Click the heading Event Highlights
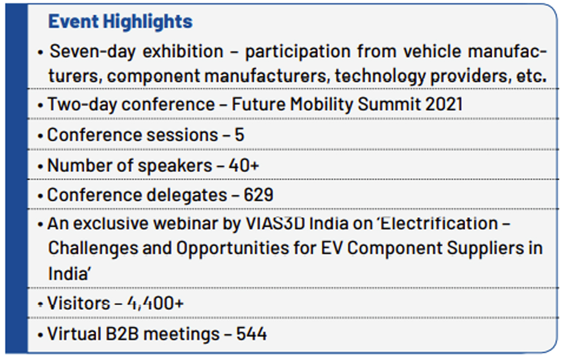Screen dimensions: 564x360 pos(121,21)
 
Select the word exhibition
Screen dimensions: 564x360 pos(183,51)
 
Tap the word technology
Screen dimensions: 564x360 pos(379,76)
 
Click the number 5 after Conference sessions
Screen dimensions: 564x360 pos(239,135)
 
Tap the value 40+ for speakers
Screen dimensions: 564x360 pos(244,166)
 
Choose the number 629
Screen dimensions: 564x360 pos(259,195)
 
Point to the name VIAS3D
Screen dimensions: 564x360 pos(275,223)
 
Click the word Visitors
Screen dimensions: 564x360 pos(78,303)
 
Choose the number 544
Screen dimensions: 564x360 pos(251,334)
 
